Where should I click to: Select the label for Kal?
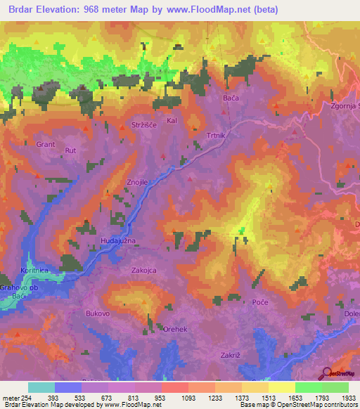[171, 121]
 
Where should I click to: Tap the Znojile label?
[136, 182]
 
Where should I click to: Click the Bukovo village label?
[98, 313]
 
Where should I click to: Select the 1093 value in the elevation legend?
[172, 398]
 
